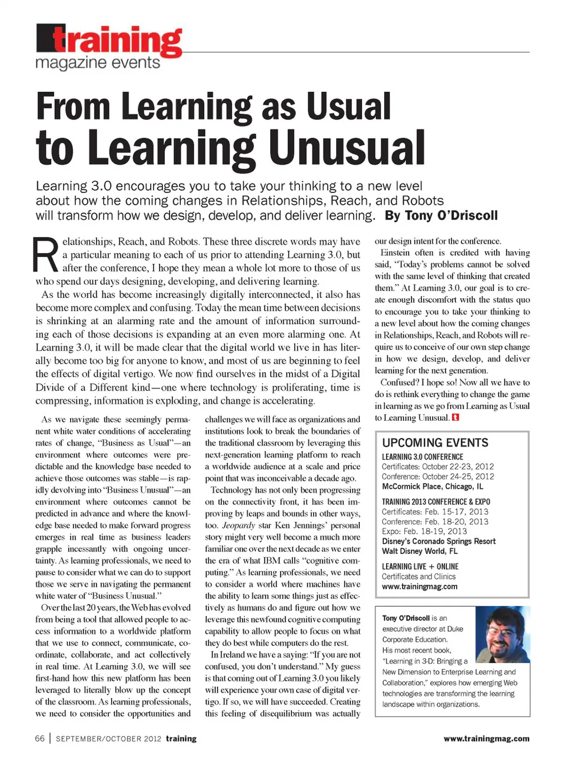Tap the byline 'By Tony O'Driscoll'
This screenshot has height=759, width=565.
click(441, 215)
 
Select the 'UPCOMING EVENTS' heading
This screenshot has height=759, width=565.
click(435, 442)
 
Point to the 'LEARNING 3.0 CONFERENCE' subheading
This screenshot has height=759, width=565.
click(423, 457)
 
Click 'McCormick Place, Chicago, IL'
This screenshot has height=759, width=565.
click(433, 487)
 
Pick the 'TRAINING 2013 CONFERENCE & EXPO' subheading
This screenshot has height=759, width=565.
click(436, 502)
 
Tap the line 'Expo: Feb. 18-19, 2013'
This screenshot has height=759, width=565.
click(424, 531)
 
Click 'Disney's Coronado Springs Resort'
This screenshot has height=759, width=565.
click(438, 541)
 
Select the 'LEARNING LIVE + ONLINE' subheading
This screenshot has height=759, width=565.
click(420, 567)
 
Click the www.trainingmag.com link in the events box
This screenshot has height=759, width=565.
click(419, 587)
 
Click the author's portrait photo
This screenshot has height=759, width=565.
click(502, 635)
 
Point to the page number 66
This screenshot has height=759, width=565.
click(40, 738)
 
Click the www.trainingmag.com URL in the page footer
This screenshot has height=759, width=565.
click(486, 738)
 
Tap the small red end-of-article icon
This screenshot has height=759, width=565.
click(456, 418)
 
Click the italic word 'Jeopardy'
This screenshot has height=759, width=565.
click(238, 525)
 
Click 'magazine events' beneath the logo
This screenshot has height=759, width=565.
click(98, 63)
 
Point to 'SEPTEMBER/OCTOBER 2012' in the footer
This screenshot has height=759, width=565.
click(108, 738)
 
